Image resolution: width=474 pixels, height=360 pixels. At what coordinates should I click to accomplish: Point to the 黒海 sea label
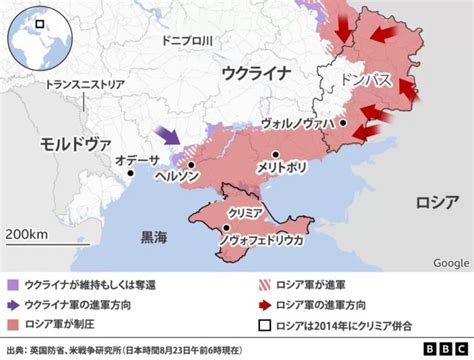click(154, 238)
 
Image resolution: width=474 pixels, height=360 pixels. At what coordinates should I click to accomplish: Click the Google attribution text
click(451, 262)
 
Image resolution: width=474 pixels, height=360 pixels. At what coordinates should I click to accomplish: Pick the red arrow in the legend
click(264, 303)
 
